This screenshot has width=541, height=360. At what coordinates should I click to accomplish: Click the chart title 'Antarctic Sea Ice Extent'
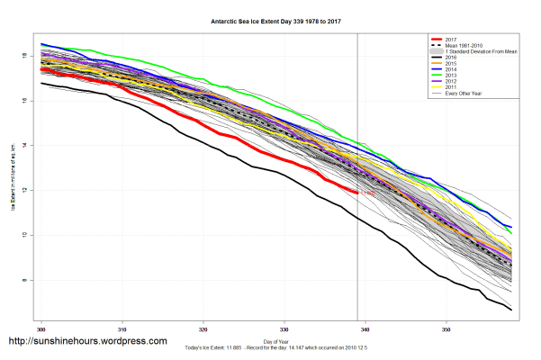(x=270, y=21)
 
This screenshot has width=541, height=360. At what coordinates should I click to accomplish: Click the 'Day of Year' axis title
(x=276, y=340)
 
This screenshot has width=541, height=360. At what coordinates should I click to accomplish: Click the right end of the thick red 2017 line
(x=357, y=192)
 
